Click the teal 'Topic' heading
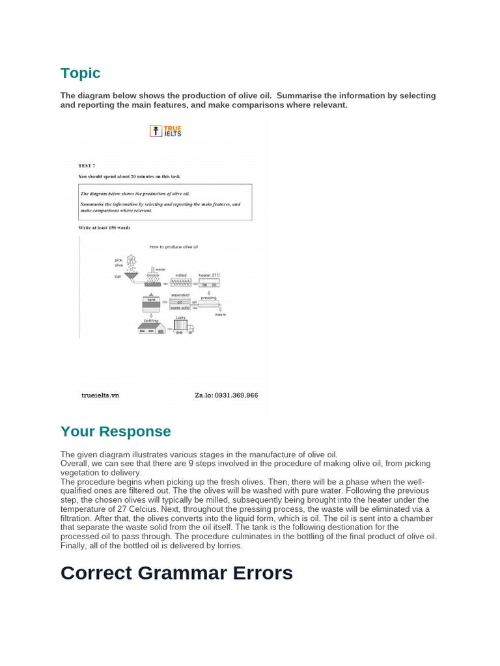(81, 73)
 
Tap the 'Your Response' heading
(116, 432)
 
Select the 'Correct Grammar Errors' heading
(176, 573)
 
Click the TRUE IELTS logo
(165, 131)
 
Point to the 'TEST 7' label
(87, 166)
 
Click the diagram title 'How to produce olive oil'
(173, 247)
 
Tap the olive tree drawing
(132, 263)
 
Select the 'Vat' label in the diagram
(117, 276)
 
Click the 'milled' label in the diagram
(180, 275)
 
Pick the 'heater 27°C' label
(210, 275)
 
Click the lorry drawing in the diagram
(183, 326)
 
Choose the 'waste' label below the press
(220, 313)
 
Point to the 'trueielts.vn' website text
(100, 395)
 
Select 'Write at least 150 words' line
(104, 228)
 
